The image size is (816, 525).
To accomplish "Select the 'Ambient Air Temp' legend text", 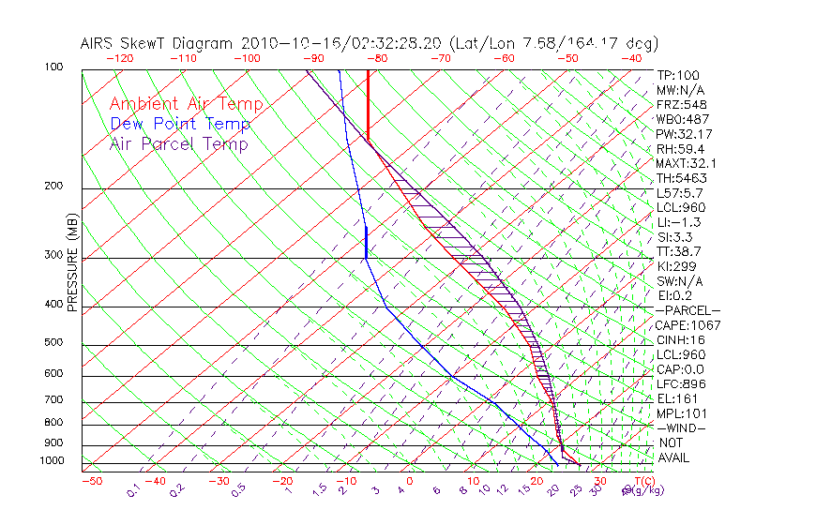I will [186, 104].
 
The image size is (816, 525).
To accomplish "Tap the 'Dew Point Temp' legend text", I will [180, 124].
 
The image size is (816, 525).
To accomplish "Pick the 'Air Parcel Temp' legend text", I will [178, 143].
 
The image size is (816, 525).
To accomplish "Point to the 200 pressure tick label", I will [53, 186].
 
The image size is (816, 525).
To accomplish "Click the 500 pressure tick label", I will [53, 342].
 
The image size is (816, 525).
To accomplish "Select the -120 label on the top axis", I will [118, 58].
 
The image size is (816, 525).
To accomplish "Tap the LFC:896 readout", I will [681, 384].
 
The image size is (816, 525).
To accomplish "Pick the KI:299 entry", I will [678, 266].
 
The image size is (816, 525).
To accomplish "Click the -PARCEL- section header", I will [688, 310].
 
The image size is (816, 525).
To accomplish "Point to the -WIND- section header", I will [682, 427].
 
